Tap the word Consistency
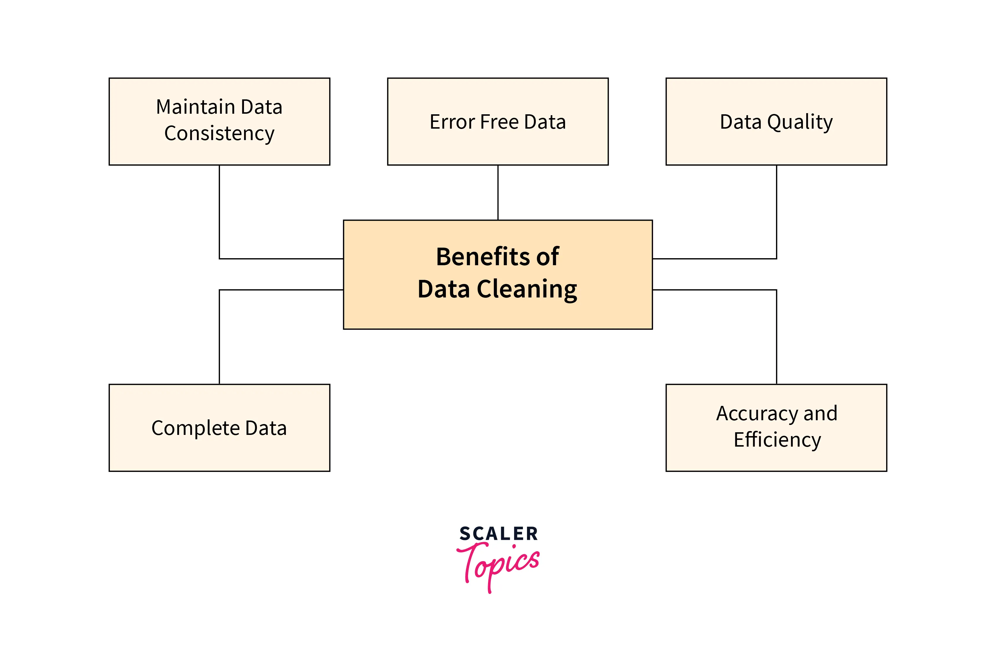click(x=219, y=134)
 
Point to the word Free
click(x=499, y=122)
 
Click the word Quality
click(x=800, y=122)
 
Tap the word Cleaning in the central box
click(x=527, y=290)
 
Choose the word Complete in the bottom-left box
click(x=195, y=428)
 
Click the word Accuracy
click(x=757, y=414)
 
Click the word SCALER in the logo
click(x=498, y=534)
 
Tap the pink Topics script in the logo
click(x=498, y=567)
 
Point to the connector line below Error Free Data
click(x=498, y=193)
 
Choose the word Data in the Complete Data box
click(x=266, y=428)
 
